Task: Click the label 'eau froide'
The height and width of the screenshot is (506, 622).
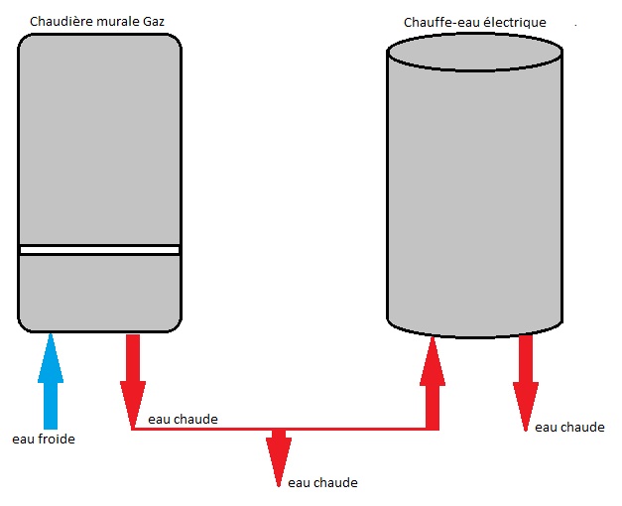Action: coord(43,439)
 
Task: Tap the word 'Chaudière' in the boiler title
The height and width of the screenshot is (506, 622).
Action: coord(61,22)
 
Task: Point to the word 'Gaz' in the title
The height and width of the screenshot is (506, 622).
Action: coord(165,22)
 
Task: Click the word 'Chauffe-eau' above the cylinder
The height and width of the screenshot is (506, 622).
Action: coord(437,22)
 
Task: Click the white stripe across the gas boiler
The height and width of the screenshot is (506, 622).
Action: coord(99,250)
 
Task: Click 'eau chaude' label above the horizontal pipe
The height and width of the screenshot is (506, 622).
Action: coord(183,420)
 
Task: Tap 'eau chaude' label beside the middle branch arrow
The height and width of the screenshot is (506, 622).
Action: coord(321,483)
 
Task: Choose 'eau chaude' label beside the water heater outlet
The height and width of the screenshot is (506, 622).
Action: coord(568,427)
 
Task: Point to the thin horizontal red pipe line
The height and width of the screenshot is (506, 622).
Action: coord(347,430)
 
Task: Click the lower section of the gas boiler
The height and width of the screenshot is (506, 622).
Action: coord(99,293)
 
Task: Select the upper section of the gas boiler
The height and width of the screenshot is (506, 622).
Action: coord(99,139)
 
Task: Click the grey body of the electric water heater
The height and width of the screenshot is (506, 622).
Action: coord(475,198)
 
